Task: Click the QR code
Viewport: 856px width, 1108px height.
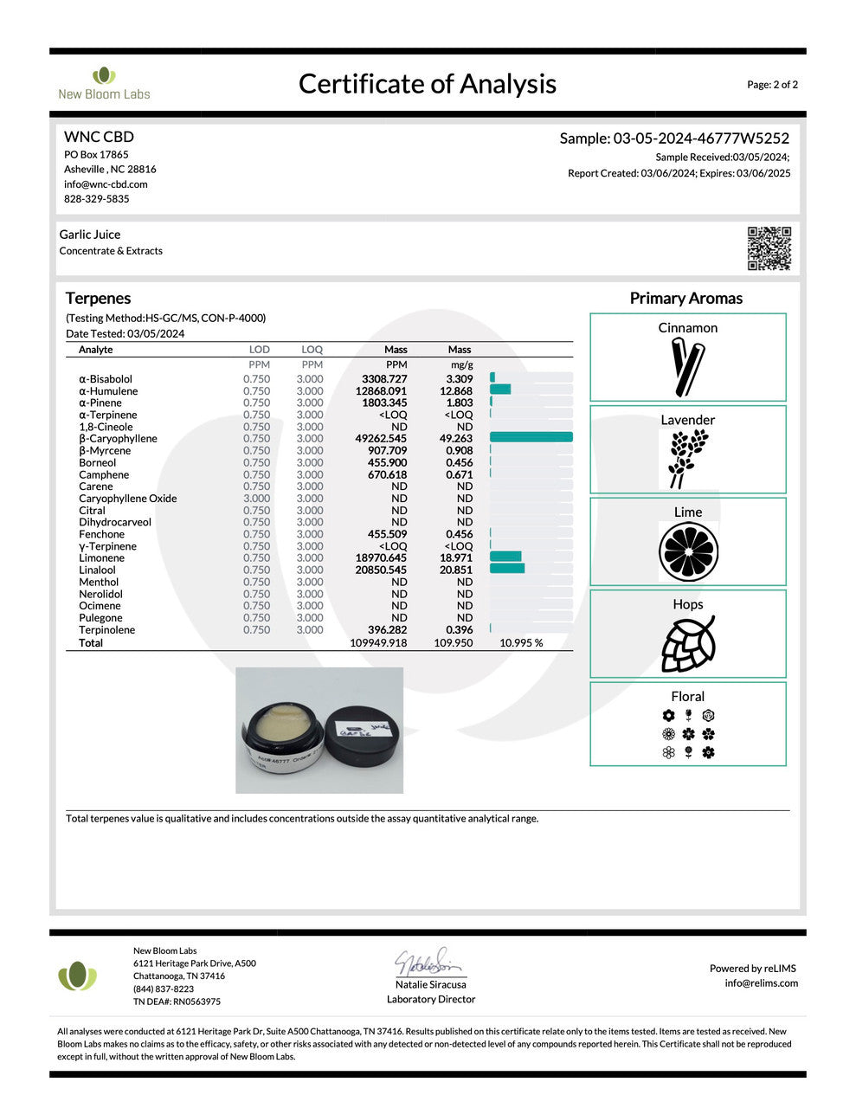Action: click(769, 248)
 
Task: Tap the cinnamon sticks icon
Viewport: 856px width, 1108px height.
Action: click(687, 367)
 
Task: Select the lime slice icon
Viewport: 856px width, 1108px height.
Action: click(688, 551)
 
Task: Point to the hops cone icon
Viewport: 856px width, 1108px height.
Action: click(688, 643)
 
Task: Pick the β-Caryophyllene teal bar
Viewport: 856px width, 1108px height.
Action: click(531, 438)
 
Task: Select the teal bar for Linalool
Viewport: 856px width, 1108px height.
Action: click(507, 570)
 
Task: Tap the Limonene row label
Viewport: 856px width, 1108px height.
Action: click(101, 558)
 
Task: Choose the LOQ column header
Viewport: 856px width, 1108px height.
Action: click(312, 350)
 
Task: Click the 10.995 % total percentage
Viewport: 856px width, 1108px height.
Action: click(521, 643)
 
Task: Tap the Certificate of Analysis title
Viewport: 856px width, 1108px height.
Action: click(428, 84)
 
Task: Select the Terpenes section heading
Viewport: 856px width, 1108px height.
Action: click(98, 298)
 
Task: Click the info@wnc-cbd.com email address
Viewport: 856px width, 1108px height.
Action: click(106, 184)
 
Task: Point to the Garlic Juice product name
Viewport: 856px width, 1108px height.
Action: click(90, 235)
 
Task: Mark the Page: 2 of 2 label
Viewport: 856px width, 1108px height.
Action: click(772, 85)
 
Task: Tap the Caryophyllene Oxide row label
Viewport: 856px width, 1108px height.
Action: click(127, 499)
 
